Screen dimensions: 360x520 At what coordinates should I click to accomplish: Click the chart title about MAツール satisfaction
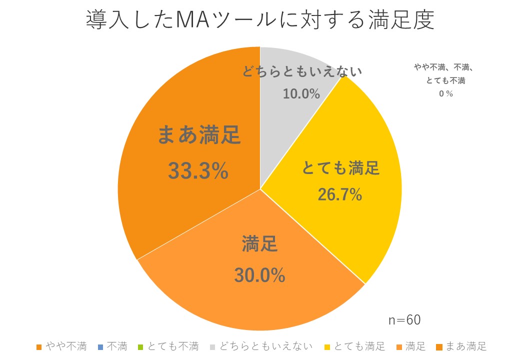(259, 21)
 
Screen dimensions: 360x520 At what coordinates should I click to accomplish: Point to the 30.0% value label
(259, 275)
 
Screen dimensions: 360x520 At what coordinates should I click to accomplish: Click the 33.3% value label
(198, 171)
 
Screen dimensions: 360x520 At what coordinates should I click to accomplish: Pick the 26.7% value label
(340, 194)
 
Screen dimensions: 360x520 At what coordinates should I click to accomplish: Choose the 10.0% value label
(301, 93)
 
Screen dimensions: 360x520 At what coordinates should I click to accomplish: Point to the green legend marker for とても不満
(141, 346)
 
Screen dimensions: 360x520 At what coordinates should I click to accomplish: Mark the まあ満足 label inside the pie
(199, 135)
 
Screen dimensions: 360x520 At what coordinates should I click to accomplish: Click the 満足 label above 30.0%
(259, 245)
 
